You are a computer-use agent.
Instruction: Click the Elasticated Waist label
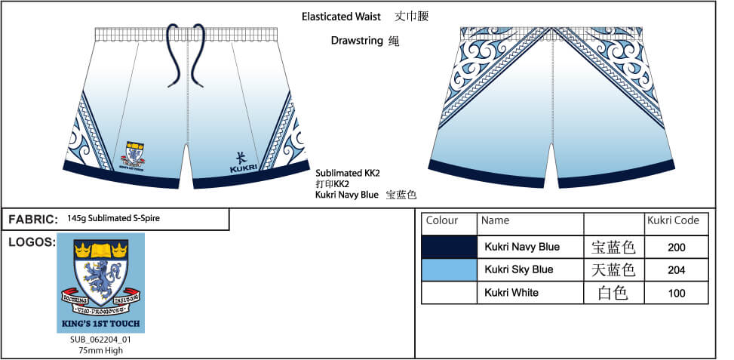(341, 16)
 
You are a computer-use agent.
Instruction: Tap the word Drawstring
(356, 41)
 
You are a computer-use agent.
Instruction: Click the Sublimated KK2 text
(348, 173)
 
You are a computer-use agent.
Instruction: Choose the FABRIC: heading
(33, 220)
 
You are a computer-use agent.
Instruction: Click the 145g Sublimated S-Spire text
(113, 219)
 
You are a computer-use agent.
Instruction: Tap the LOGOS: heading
(31, 242)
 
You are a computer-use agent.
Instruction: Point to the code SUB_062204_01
(100, 340)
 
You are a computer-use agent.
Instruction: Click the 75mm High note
(100, 350)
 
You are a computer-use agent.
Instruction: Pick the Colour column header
(442, 221)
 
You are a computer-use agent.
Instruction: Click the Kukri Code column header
(673, 221)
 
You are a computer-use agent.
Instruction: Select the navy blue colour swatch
(449, 247)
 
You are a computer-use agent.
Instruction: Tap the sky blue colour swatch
(449, 269)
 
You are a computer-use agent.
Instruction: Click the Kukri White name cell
(511, 292)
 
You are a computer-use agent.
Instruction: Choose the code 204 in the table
(677, 270)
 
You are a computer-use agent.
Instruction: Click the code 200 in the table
(677, 248)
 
